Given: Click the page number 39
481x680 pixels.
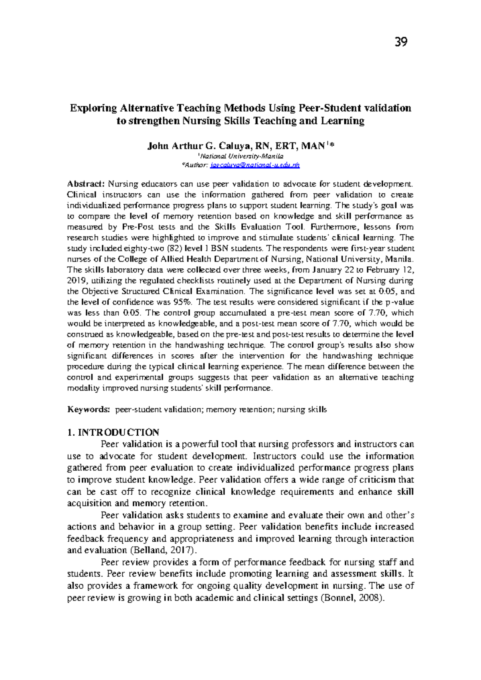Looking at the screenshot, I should [401, 42].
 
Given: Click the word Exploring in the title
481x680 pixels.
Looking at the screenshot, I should [93, 108].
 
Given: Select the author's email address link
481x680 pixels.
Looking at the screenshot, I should [255, 165].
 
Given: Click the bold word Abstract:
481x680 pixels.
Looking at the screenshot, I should [86, 184].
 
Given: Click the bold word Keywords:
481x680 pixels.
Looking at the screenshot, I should [88, 410].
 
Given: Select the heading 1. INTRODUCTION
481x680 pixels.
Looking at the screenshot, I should [113, 432].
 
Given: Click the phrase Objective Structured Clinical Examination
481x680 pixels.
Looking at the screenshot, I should [163, 291].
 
